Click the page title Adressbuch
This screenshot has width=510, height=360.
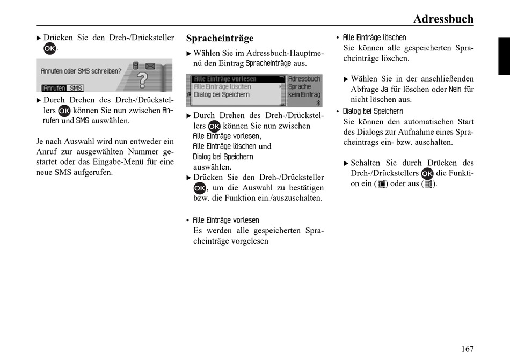tap(443, 19)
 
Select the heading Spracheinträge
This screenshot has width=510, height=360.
tap(220, 38)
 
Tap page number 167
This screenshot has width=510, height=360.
tap(468, 349)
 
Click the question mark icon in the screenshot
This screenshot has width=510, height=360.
tap(142, 80)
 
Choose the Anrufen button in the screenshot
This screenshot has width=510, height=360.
tap(54, 88)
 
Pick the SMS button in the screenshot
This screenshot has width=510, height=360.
tap(76, 88)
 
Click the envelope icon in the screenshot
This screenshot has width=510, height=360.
tap(150, 66)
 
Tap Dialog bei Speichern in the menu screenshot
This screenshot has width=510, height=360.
tap(222, 94)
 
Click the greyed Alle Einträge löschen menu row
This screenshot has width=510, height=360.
tap(222, 87)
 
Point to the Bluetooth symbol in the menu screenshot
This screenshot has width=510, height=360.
tap(318, 102)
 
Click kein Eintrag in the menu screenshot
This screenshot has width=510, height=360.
tap(304, 94)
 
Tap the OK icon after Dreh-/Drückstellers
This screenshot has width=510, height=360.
tap(427, 173)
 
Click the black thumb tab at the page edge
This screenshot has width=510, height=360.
tap(504, 56)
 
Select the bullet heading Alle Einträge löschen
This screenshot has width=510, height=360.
tap(374, 38)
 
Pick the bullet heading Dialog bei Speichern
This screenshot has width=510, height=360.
tap(373, 112)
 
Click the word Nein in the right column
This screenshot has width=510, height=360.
tap(455, 89)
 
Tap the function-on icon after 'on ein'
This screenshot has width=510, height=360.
tap(382, 184)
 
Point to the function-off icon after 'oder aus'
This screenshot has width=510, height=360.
tap(429, 184)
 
